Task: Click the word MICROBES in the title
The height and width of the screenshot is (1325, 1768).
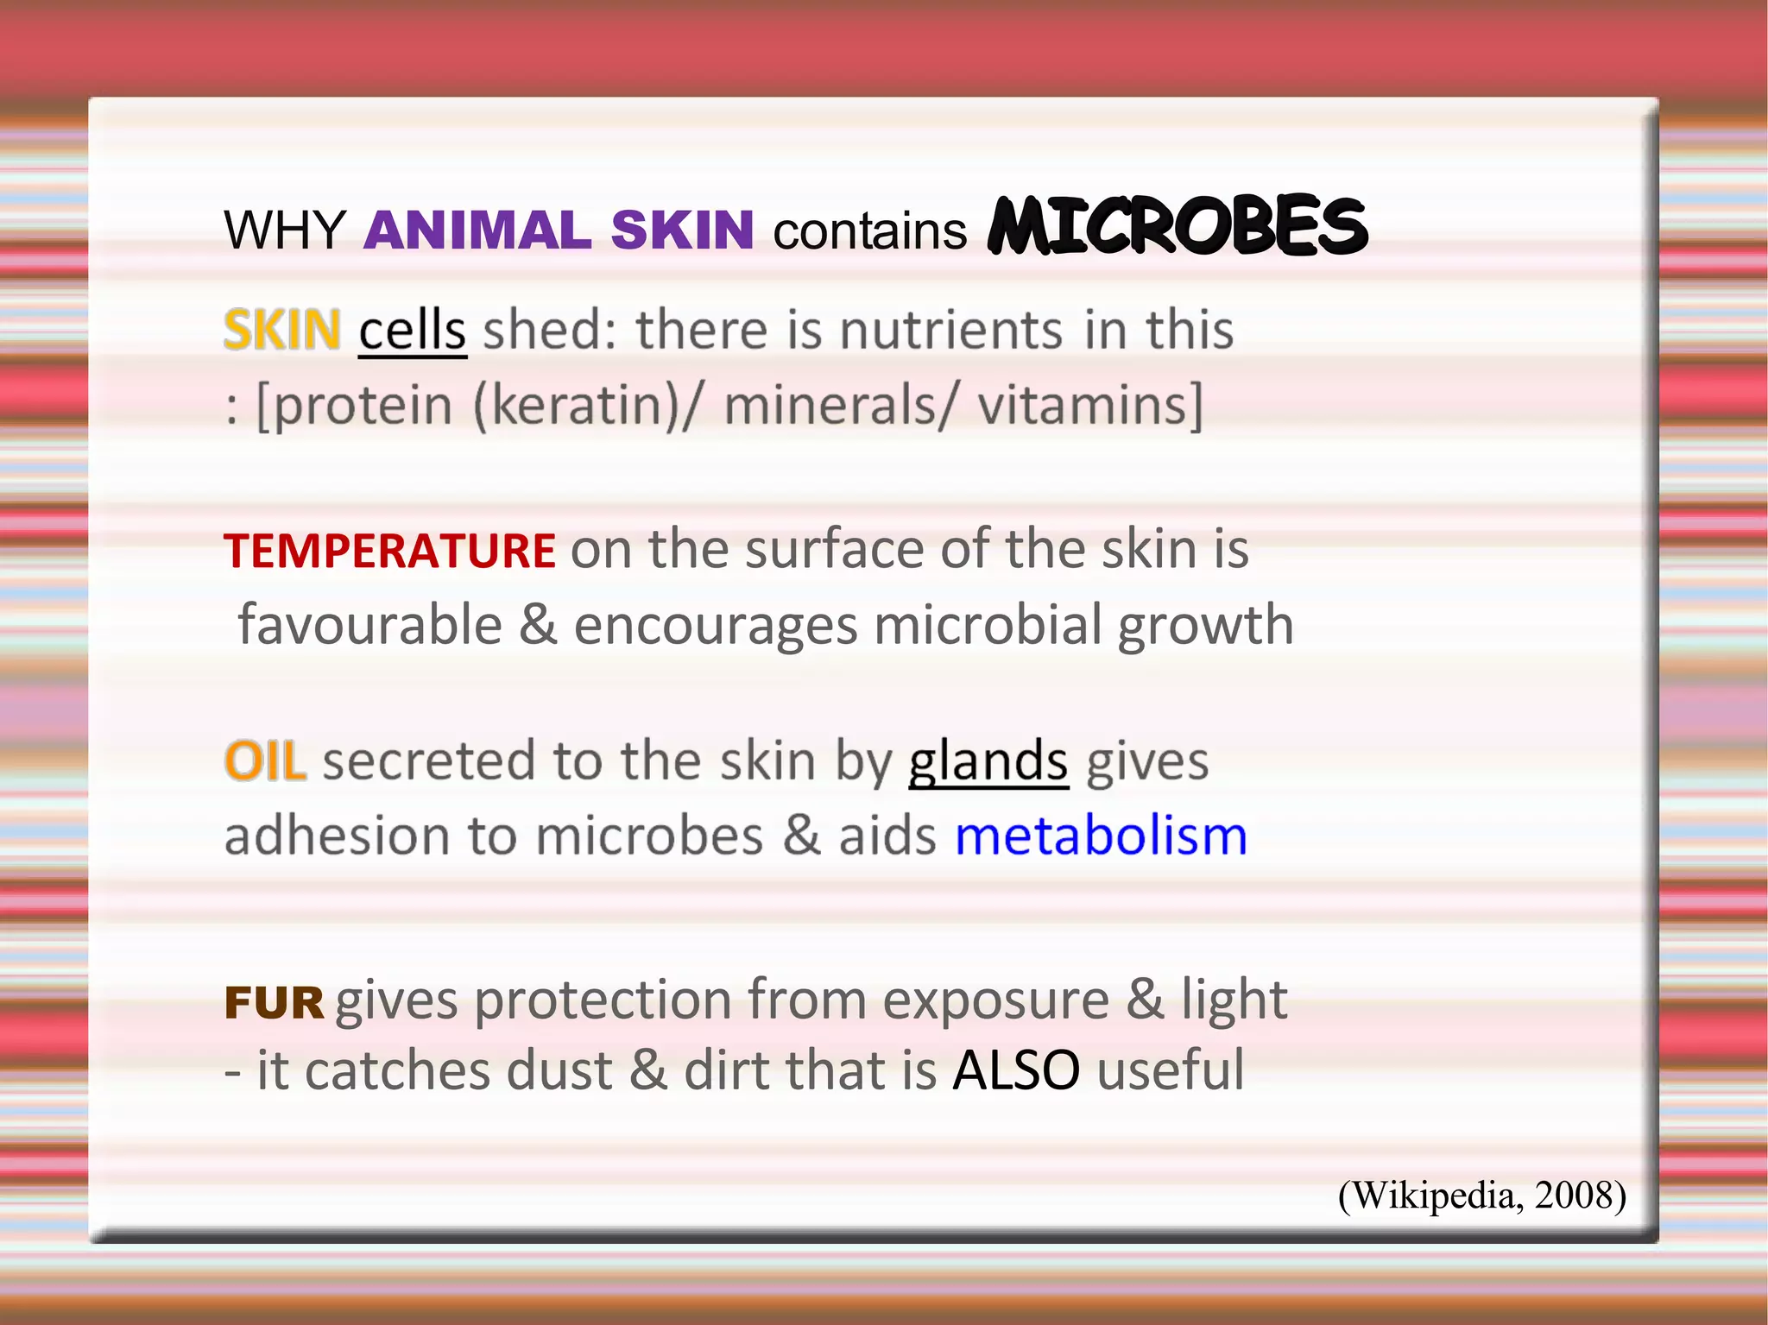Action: pos(1178,226)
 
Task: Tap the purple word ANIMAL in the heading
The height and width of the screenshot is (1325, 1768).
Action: pos(477,230)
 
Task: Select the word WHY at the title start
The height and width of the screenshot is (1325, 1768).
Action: pos(285,230)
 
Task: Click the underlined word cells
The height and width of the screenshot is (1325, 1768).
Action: pos(413,331)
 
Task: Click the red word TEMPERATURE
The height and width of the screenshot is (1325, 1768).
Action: pos(389,551)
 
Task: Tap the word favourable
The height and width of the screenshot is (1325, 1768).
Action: pos(370,625)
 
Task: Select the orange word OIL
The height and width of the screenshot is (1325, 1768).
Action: pos(265,761)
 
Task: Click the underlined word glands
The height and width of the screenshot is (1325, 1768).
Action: pos(988,761)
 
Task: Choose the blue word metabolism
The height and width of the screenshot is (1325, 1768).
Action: pos(1101,836)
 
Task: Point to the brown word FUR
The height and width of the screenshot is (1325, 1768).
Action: pos(274,1003)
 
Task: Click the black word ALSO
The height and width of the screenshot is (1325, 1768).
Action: pos(1016,1071)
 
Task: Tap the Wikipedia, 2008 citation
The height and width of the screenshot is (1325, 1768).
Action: pos(1481,1196)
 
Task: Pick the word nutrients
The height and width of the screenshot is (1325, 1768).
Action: pos(950,331)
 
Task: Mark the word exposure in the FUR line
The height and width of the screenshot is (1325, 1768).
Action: pos(995,1001)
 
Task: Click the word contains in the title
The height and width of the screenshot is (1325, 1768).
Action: pos(869,232)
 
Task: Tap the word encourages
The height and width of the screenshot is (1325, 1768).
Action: pos(716,625)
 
